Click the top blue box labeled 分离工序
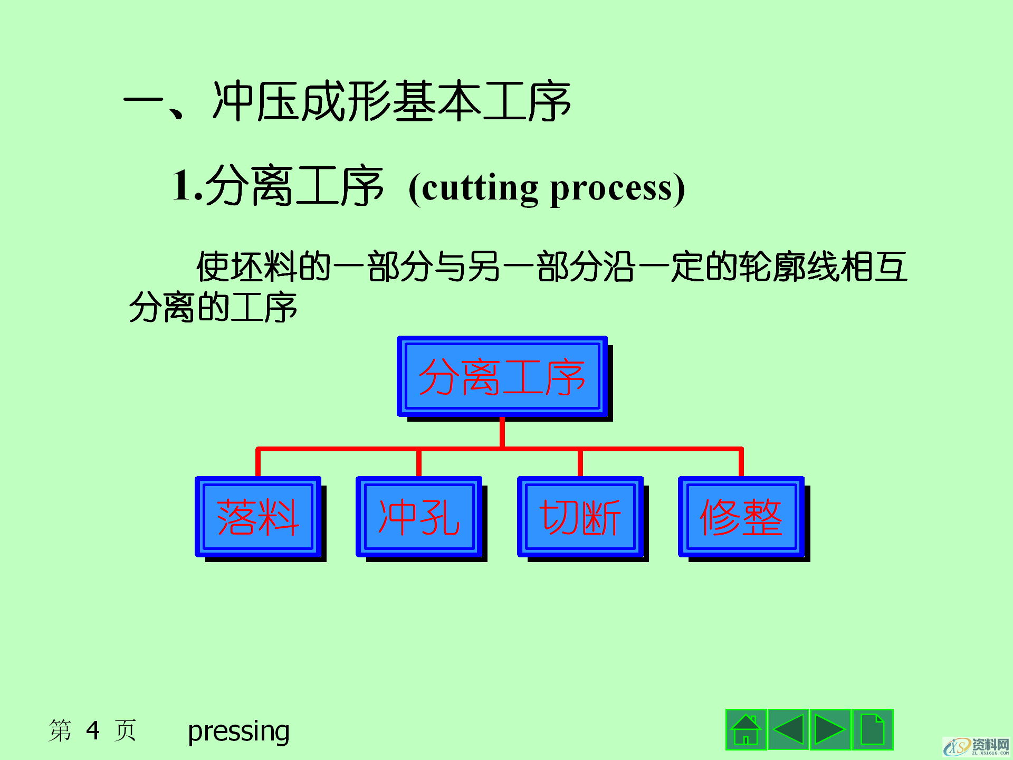502,376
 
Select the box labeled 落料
258,517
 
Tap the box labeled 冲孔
419,517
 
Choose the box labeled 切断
580,517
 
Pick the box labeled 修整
741,517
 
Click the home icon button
746,729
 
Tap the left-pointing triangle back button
788,729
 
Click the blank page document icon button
872,729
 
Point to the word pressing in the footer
238,731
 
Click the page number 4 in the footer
93,730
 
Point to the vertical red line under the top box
502,432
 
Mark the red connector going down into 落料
258,462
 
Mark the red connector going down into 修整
741,462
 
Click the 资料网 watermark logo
977,746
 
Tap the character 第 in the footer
60,730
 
